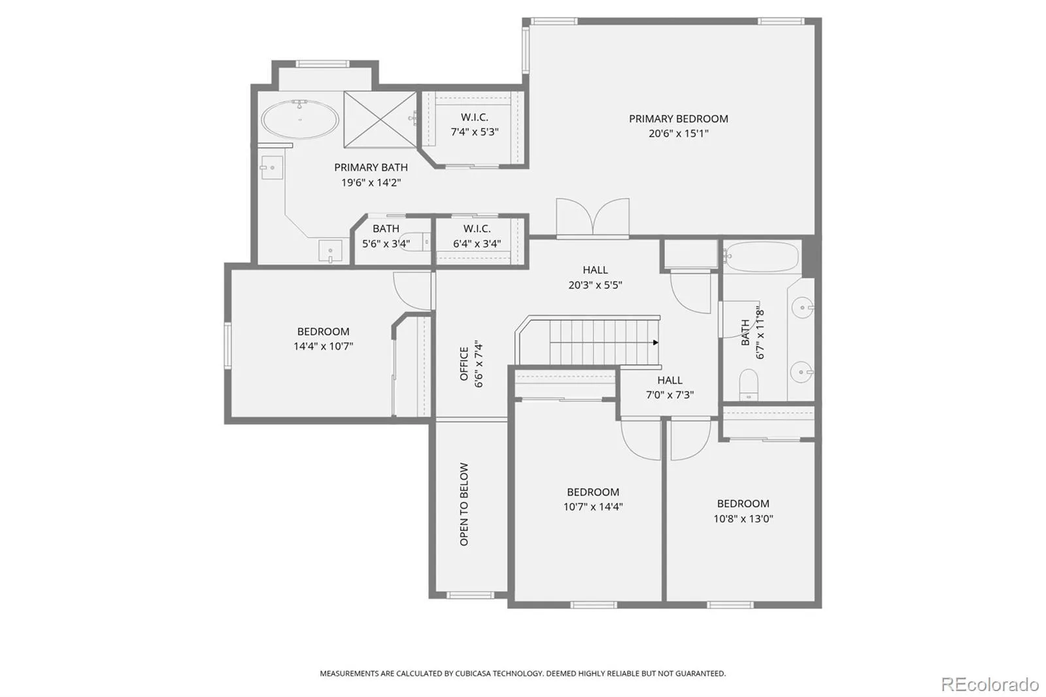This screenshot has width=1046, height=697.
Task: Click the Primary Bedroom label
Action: pos(678,126)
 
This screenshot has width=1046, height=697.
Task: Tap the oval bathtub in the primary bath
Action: pos(300,119)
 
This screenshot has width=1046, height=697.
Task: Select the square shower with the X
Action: pos(380,119)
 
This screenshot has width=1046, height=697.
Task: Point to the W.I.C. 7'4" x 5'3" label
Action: pos(475,124)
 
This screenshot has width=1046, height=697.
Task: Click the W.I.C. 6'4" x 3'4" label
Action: pos(477,236)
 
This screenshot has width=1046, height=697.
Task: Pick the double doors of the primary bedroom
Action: pos(592,218)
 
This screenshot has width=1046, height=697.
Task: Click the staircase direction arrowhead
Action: pos(656,343)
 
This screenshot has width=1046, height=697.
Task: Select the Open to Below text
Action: pos(464,504)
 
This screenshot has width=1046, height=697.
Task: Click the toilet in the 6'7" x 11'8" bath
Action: pos(749,384)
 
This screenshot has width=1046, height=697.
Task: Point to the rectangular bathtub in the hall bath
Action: pos(761,256)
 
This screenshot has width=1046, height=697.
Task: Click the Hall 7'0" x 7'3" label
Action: pos(669,387)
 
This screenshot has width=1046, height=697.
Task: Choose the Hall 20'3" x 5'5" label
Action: pos(595,277)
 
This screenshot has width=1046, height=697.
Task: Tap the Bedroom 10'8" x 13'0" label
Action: pos(743,511)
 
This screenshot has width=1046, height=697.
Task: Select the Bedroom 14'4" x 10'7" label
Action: pos(323,339)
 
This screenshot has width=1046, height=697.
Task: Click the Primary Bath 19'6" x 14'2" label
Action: pos(371,175)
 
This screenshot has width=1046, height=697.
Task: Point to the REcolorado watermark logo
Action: pos(990,685)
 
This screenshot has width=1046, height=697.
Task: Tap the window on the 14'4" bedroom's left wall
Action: pos(228,346)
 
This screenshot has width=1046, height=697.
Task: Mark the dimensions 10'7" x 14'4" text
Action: pos(593,507)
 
